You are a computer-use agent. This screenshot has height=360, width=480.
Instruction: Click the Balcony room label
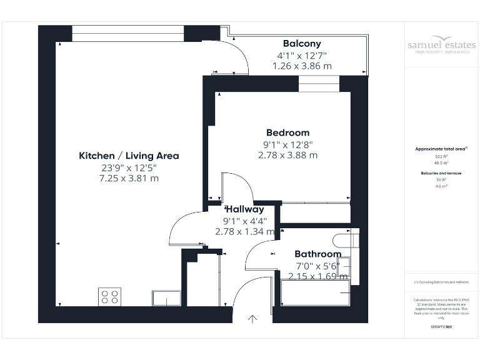click(x=302, y=44)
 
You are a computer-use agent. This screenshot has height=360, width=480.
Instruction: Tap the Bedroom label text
click(x=287, y=132)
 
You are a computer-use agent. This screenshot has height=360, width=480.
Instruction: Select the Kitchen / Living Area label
click(x=129, y=156)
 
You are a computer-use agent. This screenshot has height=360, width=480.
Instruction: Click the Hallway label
click(x=245, y=209)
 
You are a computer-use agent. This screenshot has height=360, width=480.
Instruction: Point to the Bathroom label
click(x=317, y=254)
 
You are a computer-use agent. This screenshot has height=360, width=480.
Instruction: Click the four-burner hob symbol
click(x=110, y=297)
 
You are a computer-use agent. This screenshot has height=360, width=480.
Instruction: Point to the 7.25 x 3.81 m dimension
click(x=129, y=178)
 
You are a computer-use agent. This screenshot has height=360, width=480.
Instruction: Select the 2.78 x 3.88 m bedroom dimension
click(x=287, y=155)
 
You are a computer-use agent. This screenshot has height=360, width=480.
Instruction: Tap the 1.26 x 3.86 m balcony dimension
click(x=302, y=66)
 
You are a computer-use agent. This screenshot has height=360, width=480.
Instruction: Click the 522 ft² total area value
click(x=441, y=156)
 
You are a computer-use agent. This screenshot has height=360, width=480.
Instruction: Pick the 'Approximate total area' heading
click(x=441, y=149)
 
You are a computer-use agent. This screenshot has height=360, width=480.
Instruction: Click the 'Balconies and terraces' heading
click(x=441, y=172)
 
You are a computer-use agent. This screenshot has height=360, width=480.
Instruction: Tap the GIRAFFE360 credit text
click(x=441, y=327)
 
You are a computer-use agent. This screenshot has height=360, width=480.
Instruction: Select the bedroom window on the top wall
click(x=318, y=84)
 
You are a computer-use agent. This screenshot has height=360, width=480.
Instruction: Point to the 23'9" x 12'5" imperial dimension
click(x=129, y=167)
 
